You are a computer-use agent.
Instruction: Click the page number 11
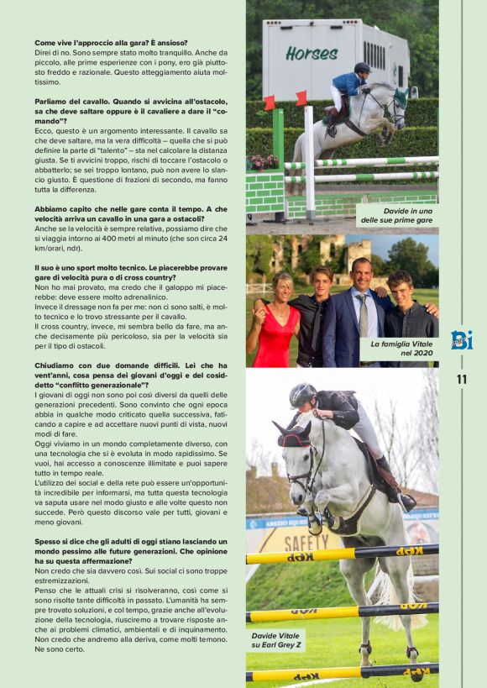[461, 380]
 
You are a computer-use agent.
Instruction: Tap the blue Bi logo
[461, 339]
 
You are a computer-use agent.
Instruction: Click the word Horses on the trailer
[311, 53]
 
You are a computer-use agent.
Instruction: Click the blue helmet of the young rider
[362, 67]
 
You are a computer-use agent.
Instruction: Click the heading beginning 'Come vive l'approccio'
[111, 42]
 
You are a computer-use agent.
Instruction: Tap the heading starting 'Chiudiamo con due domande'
[131, 377]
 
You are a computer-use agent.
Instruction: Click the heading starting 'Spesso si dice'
[131, 551]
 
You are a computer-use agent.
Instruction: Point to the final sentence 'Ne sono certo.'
[60, 649]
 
